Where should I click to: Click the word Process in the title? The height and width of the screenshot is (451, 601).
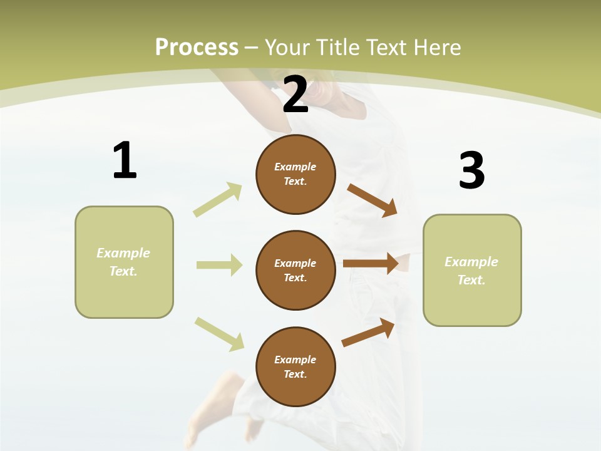tap(197, 47)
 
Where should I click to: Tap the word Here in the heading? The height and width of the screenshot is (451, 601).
tap(433, 47)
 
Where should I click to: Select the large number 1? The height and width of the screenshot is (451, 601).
tap(125, 161)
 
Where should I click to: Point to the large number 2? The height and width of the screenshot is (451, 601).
tap(295, 95)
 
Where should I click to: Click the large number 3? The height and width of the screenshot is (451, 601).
tap(471, 171)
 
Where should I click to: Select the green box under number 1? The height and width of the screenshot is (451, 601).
tap(124, 262)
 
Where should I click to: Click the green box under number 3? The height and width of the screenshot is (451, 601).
tap(472, 271)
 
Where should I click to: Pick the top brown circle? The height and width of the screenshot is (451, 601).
tap(295, 174)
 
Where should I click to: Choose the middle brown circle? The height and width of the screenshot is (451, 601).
tap(295, 271)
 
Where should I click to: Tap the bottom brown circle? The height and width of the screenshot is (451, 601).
tap(295, 367)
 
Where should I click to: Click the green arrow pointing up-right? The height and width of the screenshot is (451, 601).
tap(218, 200)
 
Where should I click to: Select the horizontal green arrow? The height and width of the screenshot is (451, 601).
tap(219, 265)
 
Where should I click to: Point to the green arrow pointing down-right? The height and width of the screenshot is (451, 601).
tap(219, 333)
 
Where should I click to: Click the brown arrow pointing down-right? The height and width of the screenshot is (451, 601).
tap(372, 200)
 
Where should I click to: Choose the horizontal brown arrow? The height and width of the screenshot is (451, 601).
tap(371, 264)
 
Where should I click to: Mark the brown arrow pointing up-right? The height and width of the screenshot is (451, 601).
tap(368, 333)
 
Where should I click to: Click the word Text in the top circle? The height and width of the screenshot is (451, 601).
tap(294, 182)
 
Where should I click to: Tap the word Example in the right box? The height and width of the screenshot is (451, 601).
tap(471, 262)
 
